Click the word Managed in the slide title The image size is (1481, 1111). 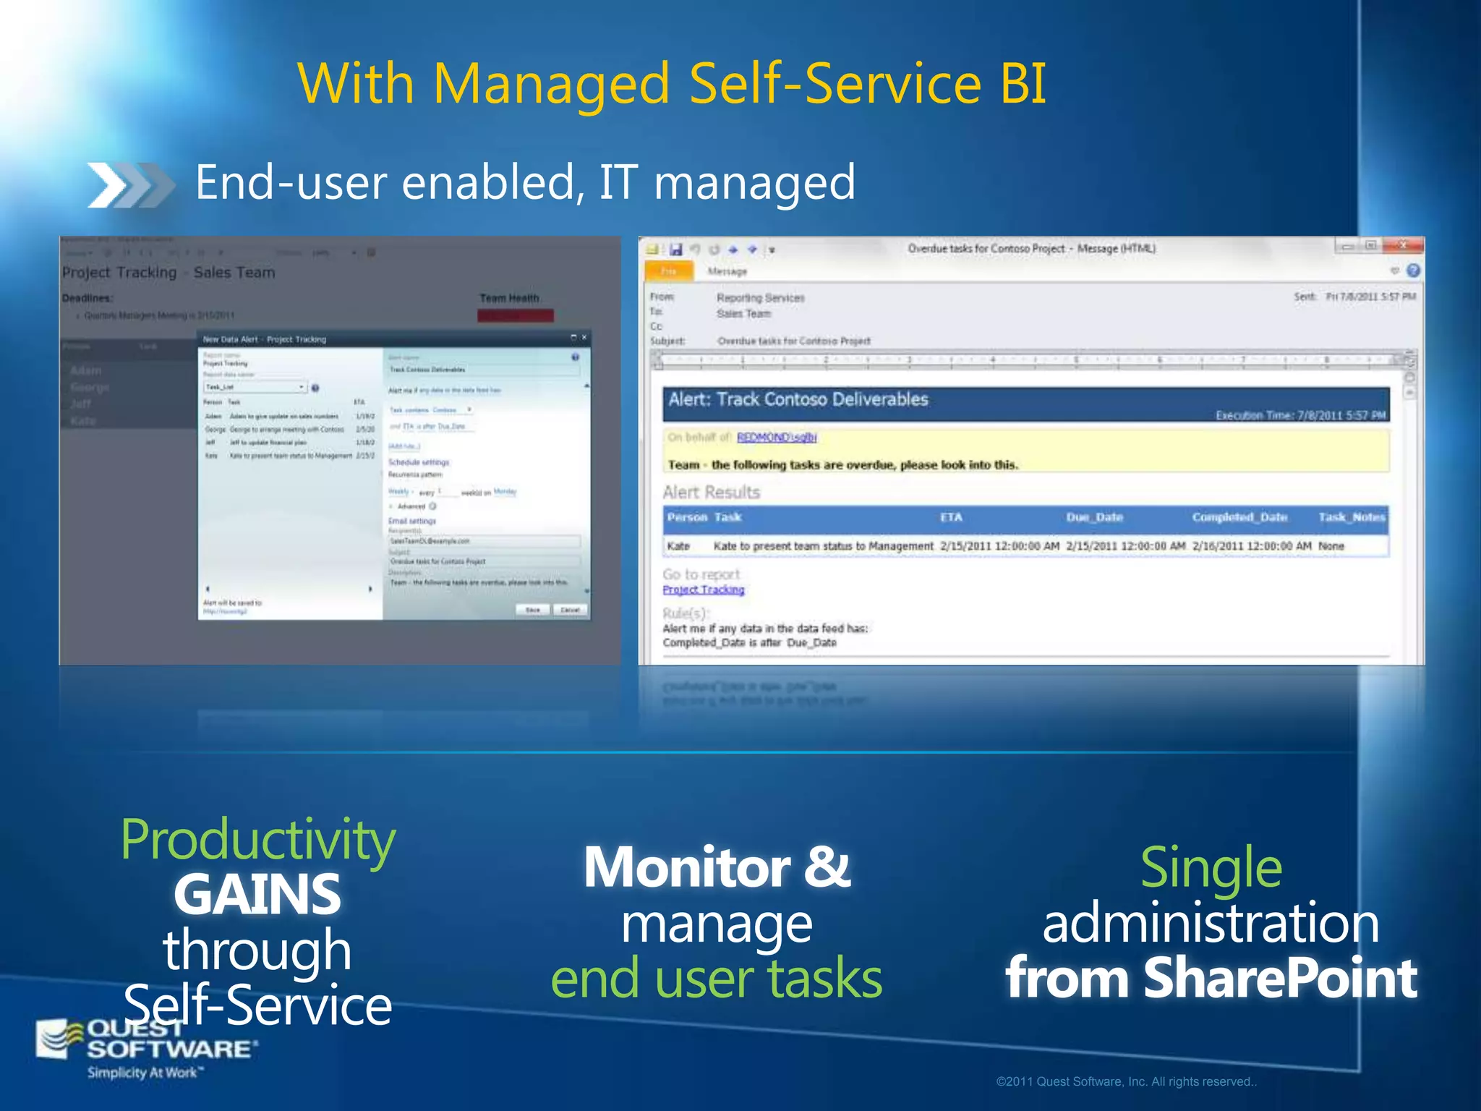[x=551, y=84]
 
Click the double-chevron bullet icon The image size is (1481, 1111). [x=130, y=185]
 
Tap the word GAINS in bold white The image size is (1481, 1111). [x=257, y=895]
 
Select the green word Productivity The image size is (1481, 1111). [x=257, y=839]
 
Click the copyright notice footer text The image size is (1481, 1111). [x=1126, y=1081]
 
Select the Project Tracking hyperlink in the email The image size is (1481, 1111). [x=703, y=589]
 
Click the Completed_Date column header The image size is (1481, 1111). [x=1239, y=517]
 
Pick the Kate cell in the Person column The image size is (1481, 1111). [x=678, y=546]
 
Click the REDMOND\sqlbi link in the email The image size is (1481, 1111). [x=776, y=437]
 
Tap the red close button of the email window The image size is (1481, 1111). [x=1402, y=246]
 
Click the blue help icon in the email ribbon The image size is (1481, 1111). [x=1413, y=271]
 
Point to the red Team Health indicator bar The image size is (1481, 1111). [x=515, y=315]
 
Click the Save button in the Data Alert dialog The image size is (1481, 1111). [x=533, y=610]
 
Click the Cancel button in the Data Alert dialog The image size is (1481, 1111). [x=570, y=610]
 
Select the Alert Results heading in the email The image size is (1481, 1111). [x=711, y=493]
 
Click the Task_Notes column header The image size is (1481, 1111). [x=1351, y=517]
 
